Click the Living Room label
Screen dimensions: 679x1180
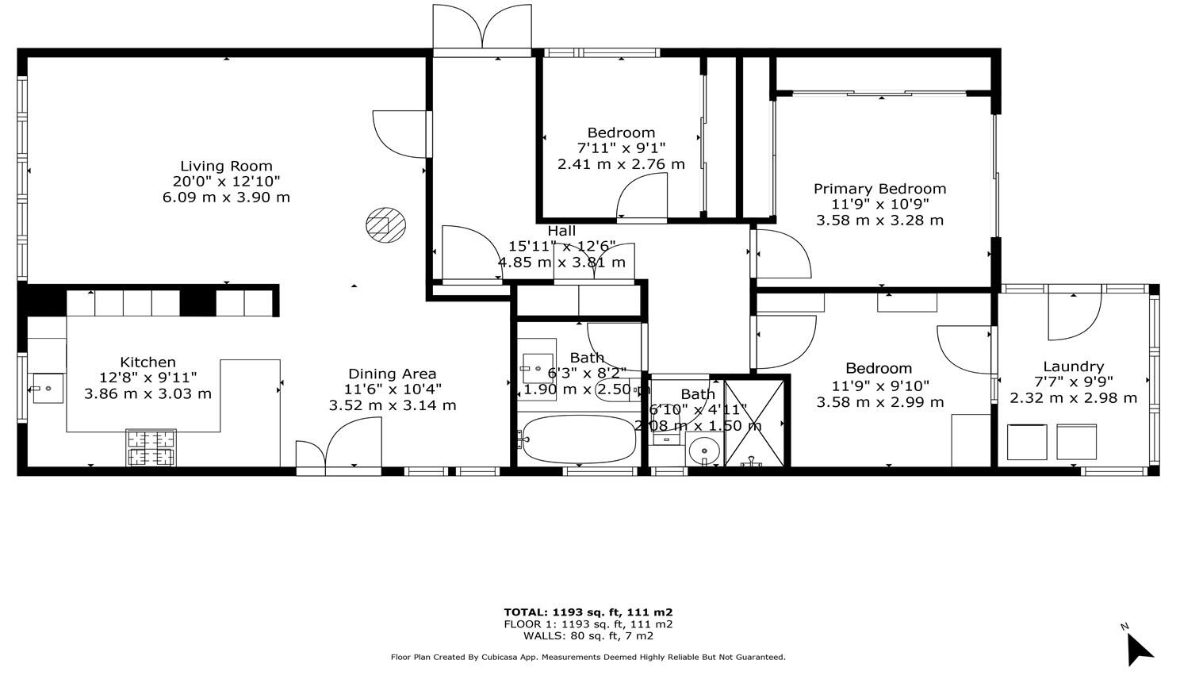coord(226,167)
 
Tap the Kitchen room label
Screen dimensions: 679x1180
coord(147,363)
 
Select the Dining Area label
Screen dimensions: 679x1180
coord(393,374)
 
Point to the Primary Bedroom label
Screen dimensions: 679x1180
coord(879,189)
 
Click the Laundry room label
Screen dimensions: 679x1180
coord(1073,366)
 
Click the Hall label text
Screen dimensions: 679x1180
coord(561,231)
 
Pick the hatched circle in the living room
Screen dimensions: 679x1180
coord(385,224)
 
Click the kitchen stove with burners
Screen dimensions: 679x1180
coord(151,447)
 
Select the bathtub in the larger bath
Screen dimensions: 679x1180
coord(579,439)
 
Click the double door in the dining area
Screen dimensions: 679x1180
coord(339,448)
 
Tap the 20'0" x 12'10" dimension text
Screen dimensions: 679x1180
coord(226,182)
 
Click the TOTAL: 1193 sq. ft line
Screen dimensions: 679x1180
coord(588,612)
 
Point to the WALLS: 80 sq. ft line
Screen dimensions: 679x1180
coord(588,635)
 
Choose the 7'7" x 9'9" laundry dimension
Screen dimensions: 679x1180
coord(1073,382)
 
